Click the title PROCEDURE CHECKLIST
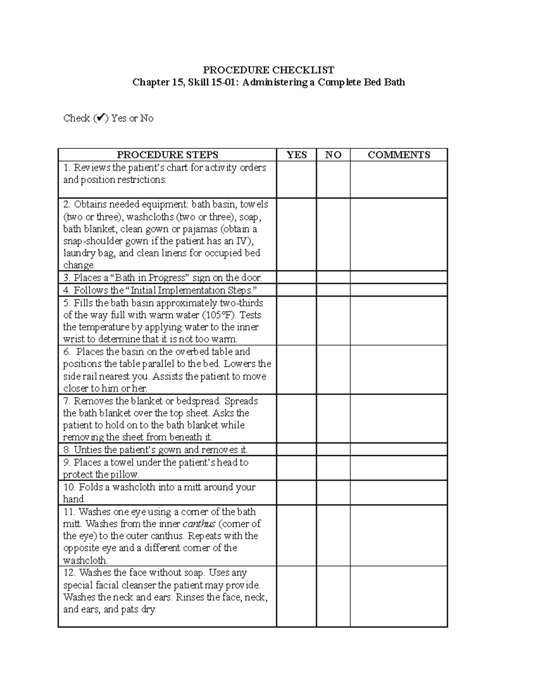tap(269, 70)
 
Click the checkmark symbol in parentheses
tap(101, 118)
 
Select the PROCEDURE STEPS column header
tap(167, 155)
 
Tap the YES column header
tap(296, 155)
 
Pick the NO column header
tap(333, 155)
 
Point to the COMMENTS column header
tap(399, 155)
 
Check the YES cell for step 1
tap(296, 179)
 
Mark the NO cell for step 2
tap(333, 234)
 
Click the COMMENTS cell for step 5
tap(399, 320)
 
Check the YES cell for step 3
tap(296, 277)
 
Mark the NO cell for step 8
tap(333, 450)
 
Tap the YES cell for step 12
tap(296, 596)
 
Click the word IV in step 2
tap(240, 241)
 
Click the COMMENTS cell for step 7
tap(399, 419)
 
